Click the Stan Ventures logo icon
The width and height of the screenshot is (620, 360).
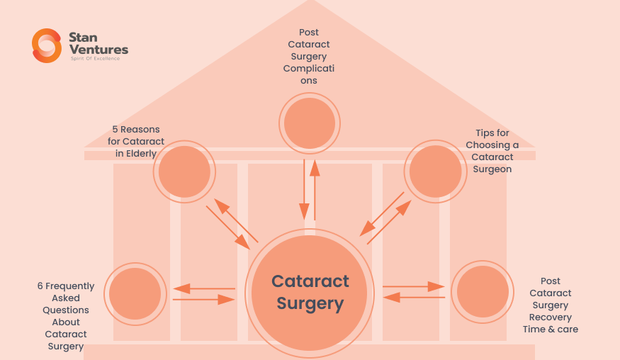[x=47, y=45]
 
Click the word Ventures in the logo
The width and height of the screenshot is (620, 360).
[x=98, y=49]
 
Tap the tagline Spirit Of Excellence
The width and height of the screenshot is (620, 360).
[x=95, y=59]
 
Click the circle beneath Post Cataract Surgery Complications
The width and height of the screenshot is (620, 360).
[x=310, y=123]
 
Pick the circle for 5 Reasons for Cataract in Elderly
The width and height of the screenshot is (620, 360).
[x=184, y=171]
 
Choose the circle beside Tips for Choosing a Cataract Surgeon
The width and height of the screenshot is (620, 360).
[x=436, y=171]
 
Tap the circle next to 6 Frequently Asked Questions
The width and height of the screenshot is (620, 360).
[x=135, y=293]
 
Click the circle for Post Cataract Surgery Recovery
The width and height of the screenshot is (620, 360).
[x=483, y=291]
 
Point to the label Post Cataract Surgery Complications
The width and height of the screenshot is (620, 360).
[x=309, y=57]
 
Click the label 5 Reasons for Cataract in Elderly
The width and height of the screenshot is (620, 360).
[x=136, y=141]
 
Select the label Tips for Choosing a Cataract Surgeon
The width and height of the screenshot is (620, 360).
[x=492, y=151]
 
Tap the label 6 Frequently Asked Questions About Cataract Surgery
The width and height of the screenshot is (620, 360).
[x=66, y=316]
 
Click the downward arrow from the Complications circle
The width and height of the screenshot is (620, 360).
[x=304, y=189]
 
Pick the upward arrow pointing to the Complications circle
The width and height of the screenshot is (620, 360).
[x=315, y=189]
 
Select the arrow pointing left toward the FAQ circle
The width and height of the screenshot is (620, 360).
[x=204, y=288]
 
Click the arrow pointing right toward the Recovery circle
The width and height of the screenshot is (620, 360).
[x=414, y=286]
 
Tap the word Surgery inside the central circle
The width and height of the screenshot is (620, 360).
[x=310, y=304]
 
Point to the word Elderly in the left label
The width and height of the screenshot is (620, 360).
[x=141, y=153]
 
